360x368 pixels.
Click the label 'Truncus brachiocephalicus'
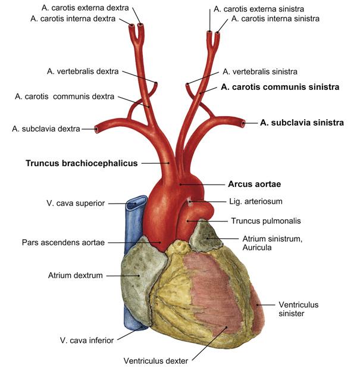pos(82,163)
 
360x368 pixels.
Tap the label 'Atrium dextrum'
pos(76,275)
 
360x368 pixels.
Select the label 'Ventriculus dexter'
pos(156,360)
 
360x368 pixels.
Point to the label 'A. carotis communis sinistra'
pos(280,87)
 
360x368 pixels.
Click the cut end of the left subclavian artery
pos(243,123)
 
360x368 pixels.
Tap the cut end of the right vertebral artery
pos(156,83)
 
